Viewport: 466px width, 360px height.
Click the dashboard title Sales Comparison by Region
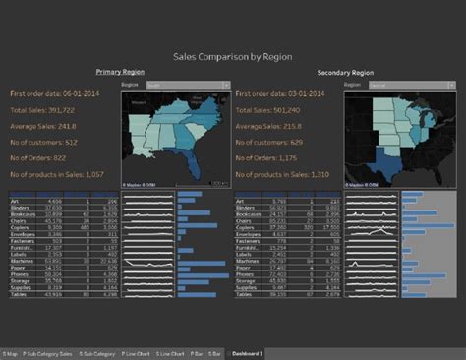point(232,58)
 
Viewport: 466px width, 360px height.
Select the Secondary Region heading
point(345,72)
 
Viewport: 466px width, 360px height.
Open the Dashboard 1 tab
point(247,352)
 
